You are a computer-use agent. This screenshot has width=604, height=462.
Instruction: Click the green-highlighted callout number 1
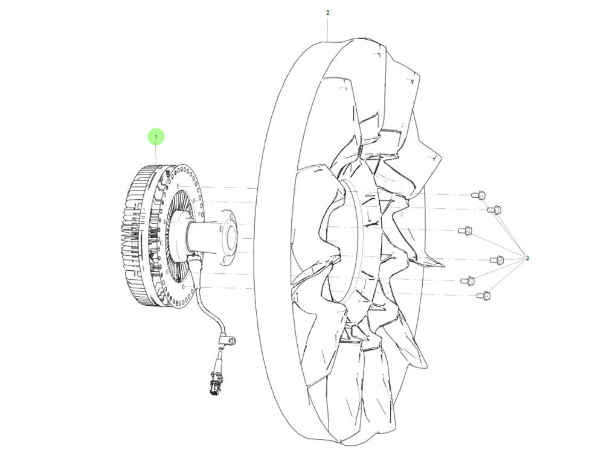click(156, 137)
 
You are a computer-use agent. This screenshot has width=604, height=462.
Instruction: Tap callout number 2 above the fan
click(328, 13)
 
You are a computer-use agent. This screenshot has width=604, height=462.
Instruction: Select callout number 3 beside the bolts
click(527, 258)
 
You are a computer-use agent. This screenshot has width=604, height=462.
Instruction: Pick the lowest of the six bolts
click(484, 296)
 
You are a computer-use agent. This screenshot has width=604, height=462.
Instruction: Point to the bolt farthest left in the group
click(465, 231)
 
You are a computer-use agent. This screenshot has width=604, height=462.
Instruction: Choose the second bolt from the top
click(494, 210)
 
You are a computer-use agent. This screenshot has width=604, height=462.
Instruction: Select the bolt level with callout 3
click(497, 260)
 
